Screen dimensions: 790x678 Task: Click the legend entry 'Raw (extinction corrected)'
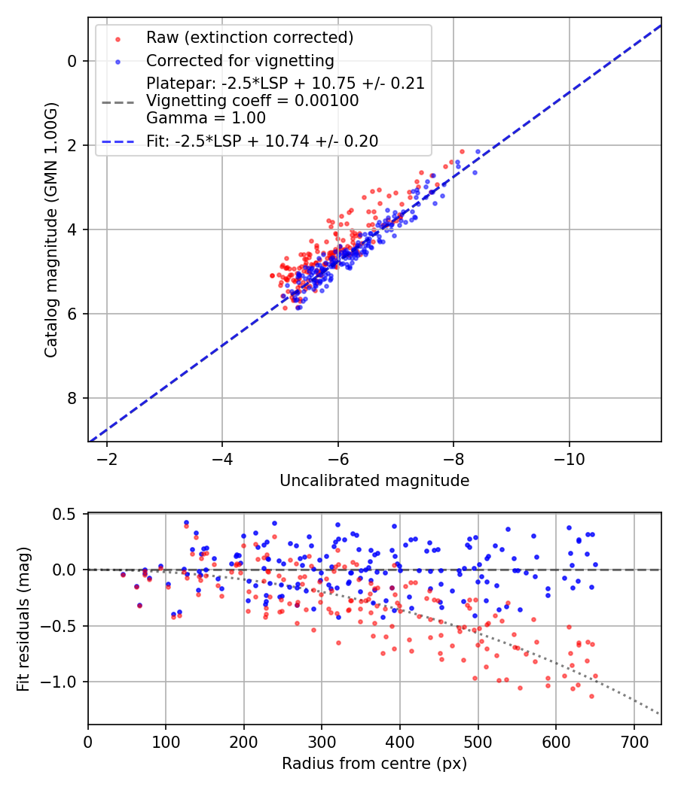click(x=249, y=38)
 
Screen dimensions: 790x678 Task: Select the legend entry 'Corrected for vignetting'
click(x=240, y=60)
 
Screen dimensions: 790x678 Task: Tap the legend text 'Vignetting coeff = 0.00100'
click(x=252, y=100)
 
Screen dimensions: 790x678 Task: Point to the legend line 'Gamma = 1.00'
click(x=206, y=117)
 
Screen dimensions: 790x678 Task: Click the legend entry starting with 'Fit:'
click(x=261, y=141)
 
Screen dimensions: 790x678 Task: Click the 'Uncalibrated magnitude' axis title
click(x=374, y=481)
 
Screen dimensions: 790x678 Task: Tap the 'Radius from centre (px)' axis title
click(x=374, y=764)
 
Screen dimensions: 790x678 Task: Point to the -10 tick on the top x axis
click(x=569, y=458)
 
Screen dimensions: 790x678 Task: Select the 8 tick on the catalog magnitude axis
click(x=72, y=398)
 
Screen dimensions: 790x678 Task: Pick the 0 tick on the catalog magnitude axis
click(x=72, y=61)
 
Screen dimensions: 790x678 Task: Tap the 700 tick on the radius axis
click(x=634, y=741)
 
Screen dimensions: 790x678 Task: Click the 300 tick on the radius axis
click(x=322, y=741)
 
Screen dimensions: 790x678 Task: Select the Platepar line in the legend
click(x=286, y=83)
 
